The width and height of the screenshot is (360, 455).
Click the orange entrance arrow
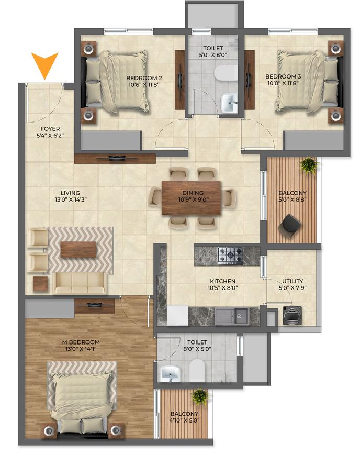click(44, 64)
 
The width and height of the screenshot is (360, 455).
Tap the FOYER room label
click(50, 129)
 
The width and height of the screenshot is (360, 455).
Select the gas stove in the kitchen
click(230, 256)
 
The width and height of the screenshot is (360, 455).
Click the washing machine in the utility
click(292, 315)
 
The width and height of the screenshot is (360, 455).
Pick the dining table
click(191, 197)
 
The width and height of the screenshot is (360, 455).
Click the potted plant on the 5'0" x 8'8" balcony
click(310, 165)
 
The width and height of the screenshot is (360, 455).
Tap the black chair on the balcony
click(289, 224)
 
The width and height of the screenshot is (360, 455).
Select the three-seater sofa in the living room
click(80, 282)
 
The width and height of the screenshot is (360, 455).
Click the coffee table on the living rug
click(78, 249)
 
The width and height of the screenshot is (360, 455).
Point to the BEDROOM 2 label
click(144, 78)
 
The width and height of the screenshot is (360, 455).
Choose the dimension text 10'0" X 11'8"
click(283, 83)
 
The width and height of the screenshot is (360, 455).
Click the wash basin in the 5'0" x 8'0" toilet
click(229, 103)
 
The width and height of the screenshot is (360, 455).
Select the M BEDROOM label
click(81, 342)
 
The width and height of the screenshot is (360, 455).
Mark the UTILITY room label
click(292, 281)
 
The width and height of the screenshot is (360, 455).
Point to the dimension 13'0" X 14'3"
click(71, 199)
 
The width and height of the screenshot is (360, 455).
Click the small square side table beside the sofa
click(40, 284)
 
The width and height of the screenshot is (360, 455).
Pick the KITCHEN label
click(223, 281)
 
